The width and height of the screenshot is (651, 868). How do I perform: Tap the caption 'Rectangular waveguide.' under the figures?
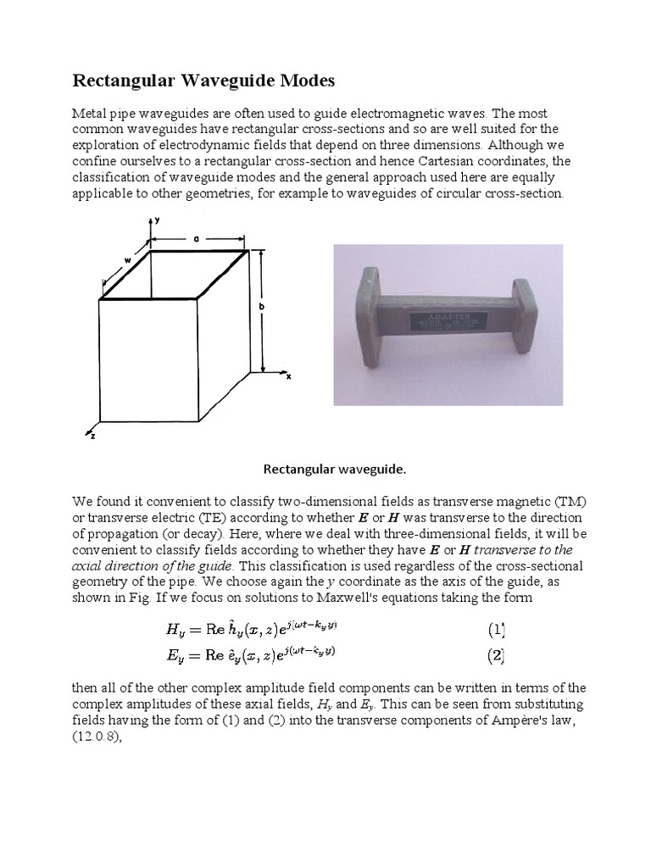(325, 468)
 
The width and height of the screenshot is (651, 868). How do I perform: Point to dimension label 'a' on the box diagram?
(196, 240)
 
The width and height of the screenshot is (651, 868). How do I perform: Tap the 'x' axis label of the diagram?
(288, 376)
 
